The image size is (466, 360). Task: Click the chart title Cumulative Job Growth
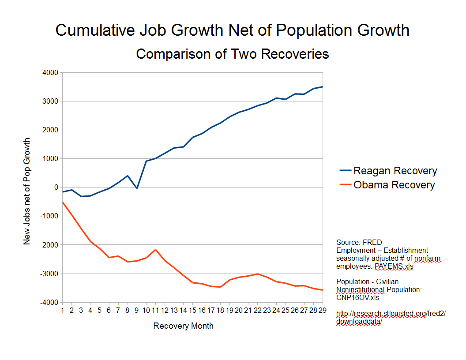(233, 30)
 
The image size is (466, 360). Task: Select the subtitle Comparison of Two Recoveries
(233, 54)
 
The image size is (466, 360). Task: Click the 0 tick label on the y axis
(56, 187)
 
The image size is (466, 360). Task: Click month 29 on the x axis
(323, 311)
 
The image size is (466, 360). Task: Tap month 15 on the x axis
(192, 311)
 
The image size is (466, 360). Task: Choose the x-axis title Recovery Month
(183, 326)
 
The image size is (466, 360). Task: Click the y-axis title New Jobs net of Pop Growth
(27, 191)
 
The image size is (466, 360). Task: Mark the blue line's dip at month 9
(137, 188)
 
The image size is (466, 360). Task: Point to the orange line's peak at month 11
(155, 250)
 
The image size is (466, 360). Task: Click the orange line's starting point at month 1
(63, 202)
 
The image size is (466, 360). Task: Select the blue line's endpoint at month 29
(323, 87)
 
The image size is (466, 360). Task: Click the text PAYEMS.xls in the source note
(394, 266)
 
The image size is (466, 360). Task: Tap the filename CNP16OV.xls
(357, 297)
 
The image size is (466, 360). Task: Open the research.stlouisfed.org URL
(391, 313)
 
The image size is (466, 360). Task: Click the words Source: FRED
(359, 242)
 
